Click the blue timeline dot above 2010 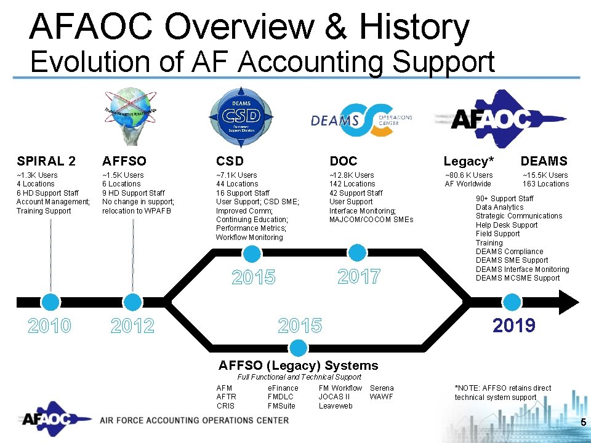click(x=50, y=302)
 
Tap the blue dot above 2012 click(x=132, y=302)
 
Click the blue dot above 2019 click(x=512, y=302)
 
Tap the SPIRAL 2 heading click(x=46, y=161)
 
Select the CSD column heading click(x=230, y=161)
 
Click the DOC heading click(x=344, y=161)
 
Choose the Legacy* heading click(x=468, y=162)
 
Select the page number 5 click(x=582, y=422)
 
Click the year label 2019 click(x=514, y=325)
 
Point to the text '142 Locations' click(x=352, y=184)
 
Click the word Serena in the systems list click(x=382, y=388)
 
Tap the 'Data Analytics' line click(x=499, y=207)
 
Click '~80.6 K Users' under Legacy click(x=468, y=175)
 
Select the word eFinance click(x=283, y=388)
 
